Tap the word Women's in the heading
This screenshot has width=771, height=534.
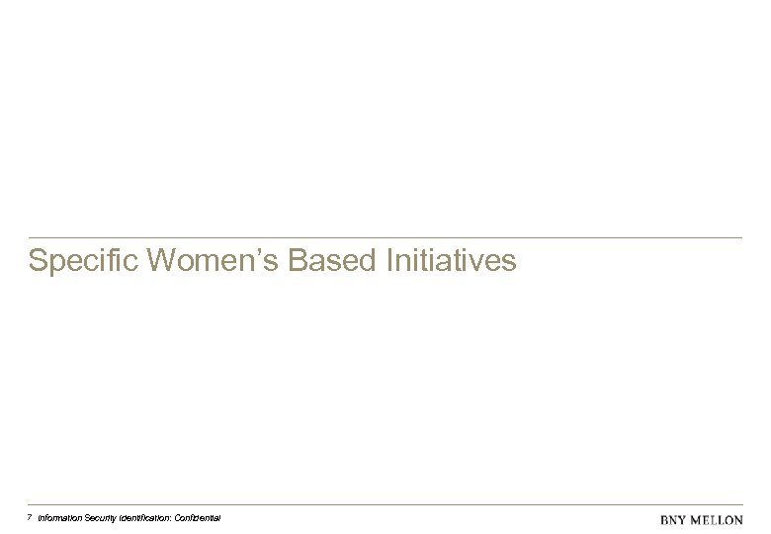click(x=202, y=261)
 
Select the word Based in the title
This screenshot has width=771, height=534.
click(x=325, y=261)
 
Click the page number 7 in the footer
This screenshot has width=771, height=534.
click(x=30, y=517)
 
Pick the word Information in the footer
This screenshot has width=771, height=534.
click(x=61, y=518)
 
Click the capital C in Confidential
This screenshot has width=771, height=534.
click(x=184, y=518)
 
